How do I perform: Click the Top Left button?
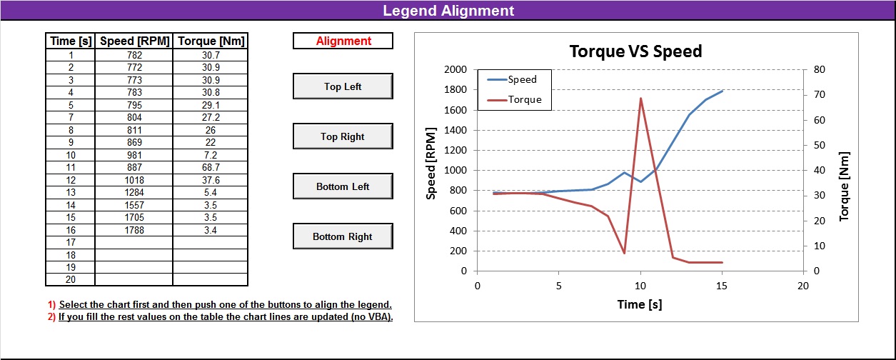click(343, 86)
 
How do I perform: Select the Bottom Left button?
click(343, 186)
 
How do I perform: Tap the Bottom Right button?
click(343, 236)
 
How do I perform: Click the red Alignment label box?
click(343, 41)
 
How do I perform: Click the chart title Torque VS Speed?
click(635, 51)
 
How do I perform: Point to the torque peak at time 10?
click(640, 99)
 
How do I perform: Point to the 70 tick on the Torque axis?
click(816, 95)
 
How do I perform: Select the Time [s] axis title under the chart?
click(640, 304)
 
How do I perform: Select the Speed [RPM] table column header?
click(134, 41)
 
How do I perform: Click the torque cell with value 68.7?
click(210, 168)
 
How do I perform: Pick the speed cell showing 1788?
click(134, 230)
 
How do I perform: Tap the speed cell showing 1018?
click(134, 180)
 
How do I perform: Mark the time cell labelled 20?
click(71, 279)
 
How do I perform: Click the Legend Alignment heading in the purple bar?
click(448, 11)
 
